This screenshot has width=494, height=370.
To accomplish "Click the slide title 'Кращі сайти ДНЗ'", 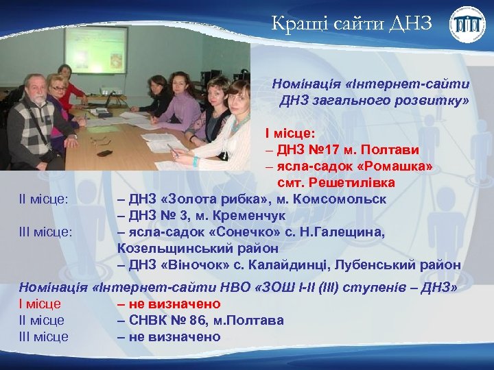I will [x=351, y=25].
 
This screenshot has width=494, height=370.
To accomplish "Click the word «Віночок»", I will [x=195, y=265].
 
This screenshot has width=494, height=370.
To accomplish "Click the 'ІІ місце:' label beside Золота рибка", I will [x=44, y=199].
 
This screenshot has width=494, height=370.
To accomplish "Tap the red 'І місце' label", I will [x=40, y=304].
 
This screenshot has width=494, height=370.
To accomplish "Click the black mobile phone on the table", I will [x=104, y=153].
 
